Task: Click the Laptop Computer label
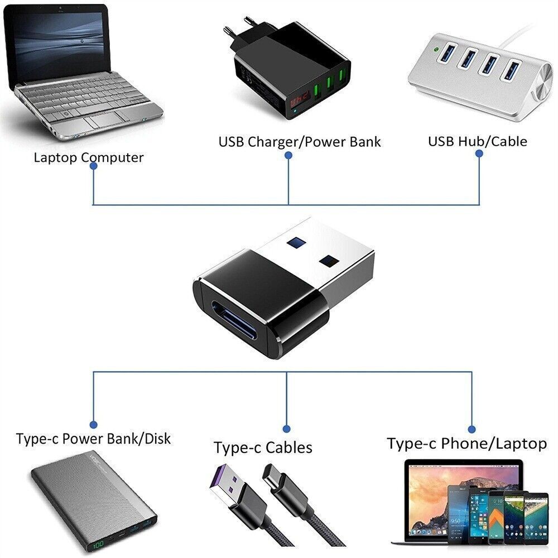click(x=88, y=157)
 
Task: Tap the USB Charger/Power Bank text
click(x=299, y=142)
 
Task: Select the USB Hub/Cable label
click(x=477, y=141)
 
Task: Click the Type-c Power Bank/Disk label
click(x=93, y=439)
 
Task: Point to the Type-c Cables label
click(x=263, y=448)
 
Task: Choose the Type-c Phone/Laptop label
click(x=466, y=444)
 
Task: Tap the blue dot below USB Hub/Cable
click(x=479, y=157)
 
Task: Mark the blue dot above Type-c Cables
click(x=287, y=429)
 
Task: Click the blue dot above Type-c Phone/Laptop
click(x=472, y=429)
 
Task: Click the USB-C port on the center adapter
click(x=239, y=327)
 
